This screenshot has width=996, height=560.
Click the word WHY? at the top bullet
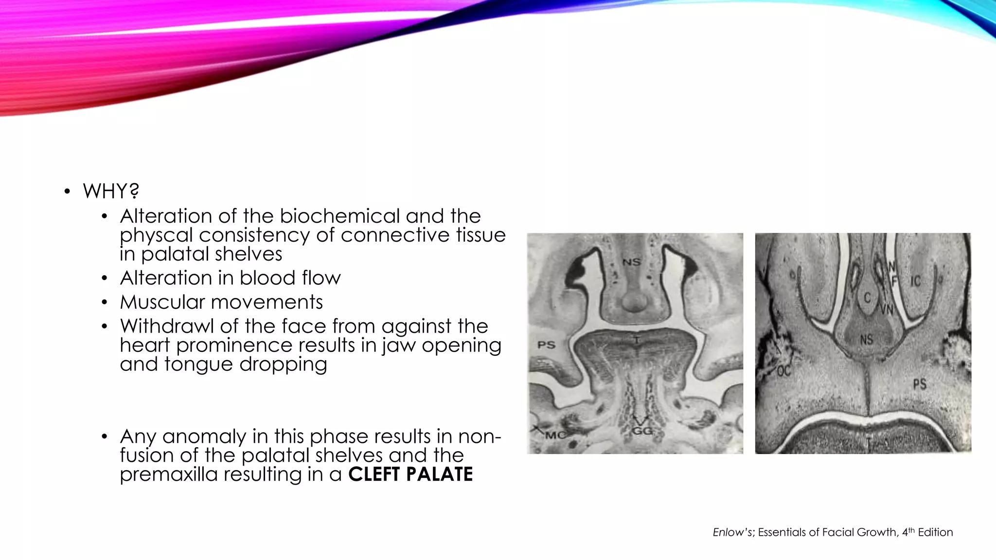tap(111, 191)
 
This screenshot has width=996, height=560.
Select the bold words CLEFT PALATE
tap(410, 474)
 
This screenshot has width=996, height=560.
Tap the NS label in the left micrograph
tap(632, 262)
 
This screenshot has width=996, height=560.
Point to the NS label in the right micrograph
tap(866, 339)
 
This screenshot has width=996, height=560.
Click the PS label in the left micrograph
tap(546, 345)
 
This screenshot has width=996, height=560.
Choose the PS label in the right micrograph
tap(919, 385)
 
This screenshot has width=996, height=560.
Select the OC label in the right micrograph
tap(783, 372)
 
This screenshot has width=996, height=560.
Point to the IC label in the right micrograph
tap(915, 281)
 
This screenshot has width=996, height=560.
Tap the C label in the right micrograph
tap(867, 297)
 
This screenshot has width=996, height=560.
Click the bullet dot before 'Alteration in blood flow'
tap(104, 279)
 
